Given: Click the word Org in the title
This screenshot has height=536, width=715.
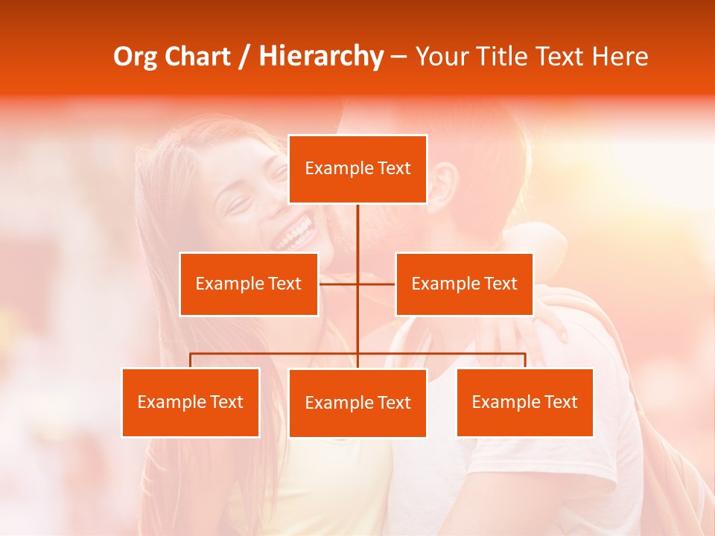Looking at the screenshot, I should [x=135, y=57].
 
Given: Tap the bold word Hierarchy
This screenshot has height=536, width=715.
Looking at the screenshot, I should [x=321, y=57].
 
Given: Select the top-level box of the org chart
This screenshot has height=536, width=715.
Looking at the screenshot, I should [x=357, y=169].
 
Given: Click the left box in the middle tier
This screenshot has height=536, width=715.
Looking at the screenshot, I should [x=249, y=284].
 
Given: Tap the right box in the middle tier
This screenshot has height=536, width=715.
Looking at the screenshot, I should [x=465, y=284].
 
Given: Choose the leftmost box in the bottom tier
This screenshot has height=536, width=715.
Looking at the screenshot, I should [x=191, y=402].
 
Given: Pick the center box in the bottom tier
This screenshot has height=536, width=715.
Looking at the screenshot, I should [x=357, y=403].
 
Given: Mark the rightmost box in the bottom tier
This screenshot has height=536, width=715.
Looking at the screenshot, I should [x=525, y=402].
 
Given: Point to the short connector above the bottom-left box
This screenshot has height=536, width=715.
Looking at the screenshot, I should [x=191, y=360].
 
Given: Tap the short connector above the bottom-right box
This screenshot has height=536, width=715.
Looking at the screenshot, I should [x=525, y=360].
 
